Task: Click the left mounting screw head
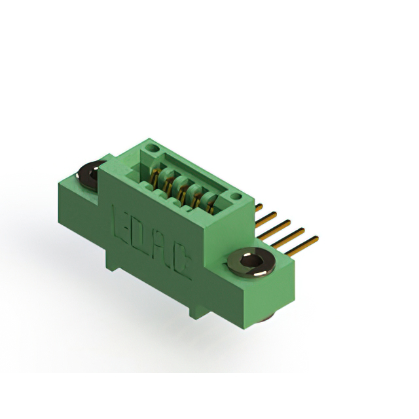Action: click(x=90, y=175)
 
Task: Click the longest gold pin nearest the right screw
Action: click(x=301, y=246)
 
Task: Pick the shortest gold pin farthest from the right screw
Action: click(x=259, y=208)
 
